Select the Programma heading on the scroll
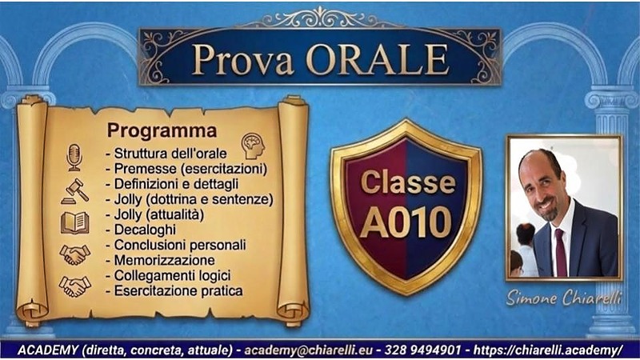pyautogui.click(x=162, y=130)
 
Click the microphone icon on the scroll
pyautogui.click(x=74, y=157)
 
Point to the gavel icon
pyautogui.click(x=74, y=190)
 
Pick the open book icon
pyautogui.click(x=74, y=222)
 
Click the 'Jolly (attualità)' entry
pyautogui.click(x=154, y=214)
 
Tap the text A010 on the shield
pyautogui.click(x=406, y=222)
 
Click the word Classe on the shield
pyautogui.click(x=407, y=182)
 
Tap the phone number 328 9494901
pyautogui.click(x=424, y=350)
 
